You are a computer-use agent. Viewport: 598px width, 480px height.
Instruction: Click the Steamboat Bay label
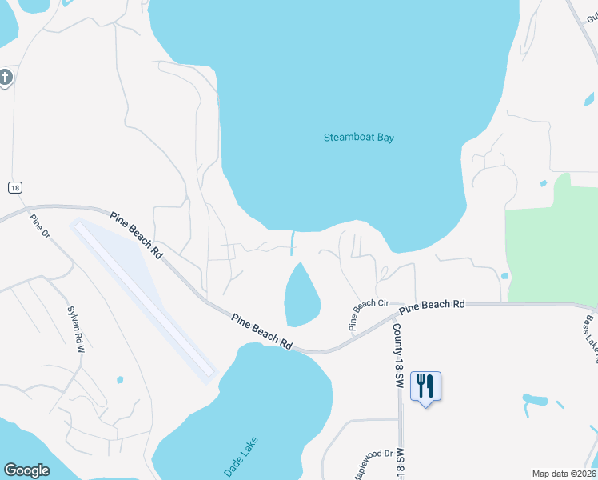359,138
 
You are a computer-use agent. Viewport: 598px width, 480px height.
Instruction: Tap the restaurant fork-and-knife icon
425,386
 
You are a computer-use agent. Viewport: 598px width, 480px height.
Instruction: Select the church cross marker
5,78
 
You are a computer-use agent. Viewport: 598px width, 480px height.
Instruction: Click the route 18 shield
14,187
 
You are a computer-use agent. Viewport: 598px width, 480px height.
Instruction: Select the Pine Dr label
40,230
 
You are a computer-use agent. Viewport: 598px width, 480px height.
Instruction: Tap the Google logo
26,470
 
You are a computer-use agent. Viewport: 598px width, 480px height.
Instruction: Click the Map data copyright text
564,474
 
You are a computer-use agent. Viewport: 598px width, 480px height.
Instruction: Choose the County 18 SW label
396,357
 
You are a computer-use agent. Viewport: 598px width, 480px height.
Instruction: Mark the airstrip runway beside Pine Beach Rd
145,298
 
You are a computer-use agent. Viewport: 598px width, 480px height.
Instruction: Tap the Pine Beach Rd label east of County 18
432,306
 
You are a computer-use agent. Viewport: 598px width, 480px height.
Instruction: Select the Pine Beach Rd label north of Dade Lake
261,330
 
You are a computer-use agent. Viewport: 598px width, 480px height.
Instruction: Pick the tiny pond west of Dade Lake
120,380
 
